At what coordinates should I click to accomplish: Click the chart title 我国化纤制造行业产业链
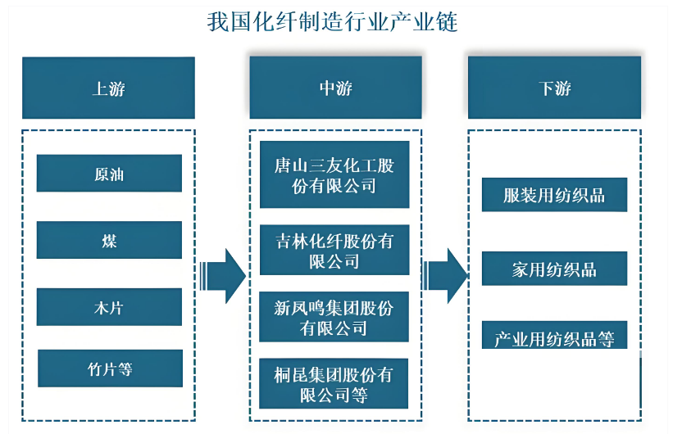pyautogui.click(x=332, y=22)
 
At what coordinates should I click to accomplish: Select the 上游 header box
pyautogui.click(x=108, y=88)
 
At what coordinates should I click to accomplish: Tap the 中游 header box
pyautogui.click(x=335, y=88)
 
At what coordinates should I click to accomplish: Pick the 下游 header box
pyautogui.click(x=554, y=88)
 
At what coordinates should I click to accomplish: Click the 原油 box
pyautogui.click(x=109, y=174)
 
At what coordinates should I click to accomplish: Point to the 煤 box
pyautogui.click(x=109, y=240)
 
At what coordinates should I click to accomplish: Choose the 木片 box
pyautogui.click(x=109, y=307)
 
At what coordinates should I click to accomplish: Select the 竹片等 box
pyautogui.click(x=110, y=368)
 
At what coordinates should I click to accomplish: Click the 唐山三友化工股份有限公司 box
pyautogui.click(x=334, y=175)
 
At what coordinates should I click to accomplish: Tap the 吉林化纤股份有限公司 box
pyautogui.click(x=334, y=251)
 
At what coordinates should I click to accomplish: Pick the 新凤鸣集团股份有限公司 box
pyautogui.click(x=334, y=317)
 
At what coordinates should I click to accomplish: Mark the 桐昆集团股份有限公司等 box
pyautogui.click(x=334, y=384)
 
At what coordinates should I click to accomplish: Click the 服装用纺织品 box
pyautogui.click(x=554, y=195)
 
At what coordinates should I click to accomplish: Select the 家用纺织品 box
pyautogui.click(x=554, y=269)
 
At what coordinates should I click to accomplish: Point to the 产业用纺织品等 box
pyautogui.click(x=554, y=337)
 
